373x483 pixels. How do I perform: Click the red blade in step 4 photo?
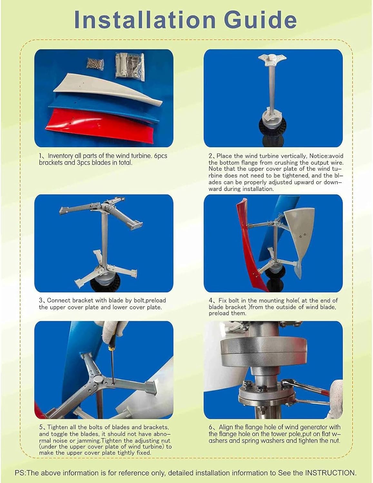pos(250,241)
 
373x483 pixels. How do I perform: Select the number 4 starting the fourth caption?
pos(211,300)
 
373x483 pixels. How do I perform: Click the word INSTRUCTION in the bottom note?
pos(330,473)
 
